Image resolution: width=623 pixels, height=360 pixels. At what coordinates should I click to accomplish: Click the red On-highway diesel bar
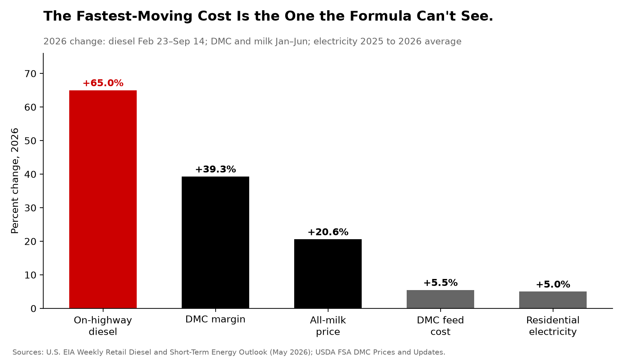pyautogui.click(x=103, y=199)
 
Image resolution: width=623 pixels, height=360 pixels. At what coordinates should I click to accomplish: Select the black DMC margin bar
pyautogui.click(x=215, y=242)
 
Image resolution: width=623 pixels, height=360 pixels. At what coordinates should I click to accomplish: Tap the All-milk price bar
pyautogui.click(x=328, y=274)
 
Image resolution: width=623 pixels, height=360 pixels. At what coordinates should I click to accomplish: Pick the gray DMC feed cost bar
pyautogui.click(x=440, y=299)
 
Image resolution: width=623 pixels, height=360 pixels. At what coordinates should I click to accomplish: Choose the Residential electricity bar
pyautogui.click(x=553, y=300)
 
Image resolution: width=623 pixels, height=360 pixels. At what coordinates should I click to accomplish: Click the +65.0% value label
pyautogui.click(x=103, y=83)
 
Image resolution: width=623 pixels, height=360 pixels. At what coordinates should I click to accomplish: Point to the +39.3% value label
pyautogui.click(x=215, y=169)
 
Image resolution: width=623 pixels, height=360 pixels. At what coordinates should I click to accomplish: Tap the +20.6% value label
pyautogui.click(x=328, y=232)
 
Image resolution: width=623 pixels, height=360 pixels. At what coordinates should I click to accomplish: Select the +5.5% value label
pyautogui.click(x=440, y=283)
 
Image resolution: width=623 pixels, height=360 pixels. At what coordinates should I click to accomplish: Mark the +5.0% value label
pyautogui.click(x=553, y=285)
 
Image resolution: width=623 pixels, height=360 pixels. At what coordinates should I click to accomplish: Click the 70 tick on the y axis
pyautogui.click(x=31, y=74)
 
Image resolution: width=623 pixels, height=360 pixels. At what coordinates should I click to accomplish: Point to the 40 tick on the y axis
pyautogui.click(x=31, y=174)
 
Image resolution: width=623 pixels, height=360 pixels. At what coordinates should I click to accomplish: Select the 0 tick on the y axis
pyautogui.click(x=34, y=309)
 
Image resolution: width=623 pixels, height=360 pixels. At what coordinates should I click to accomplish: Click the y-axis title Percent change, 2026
pyautogui.click(x=15, y=181)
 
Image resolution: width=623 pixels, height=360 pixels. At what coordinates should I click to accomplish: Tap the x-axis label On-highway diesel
pyautogui.click(x=103, y=326)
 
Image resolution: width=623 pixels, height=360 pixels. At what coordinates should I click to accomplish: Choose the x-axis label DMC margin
pyautogui.click(x=215, y=319)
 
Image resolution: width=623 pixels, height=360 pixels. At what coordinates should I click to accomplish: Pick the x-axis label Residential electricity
pyautogui.click(x=553, y=326)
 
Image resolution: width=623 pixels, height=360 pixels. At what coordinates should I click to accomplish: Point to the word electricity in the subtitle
pyautogui.click(x=335, y=42)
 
